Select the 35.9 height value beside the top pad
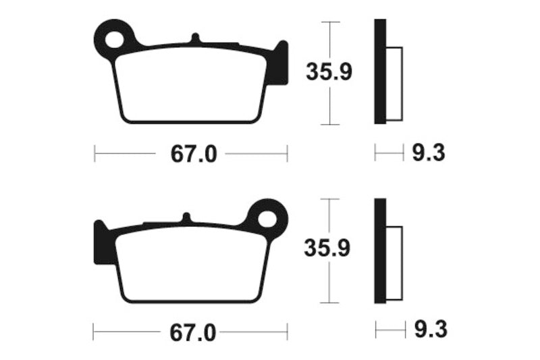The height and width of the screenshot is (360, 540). [329, 72]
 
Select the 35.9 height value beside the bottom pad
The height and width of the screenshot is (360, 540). [329, 250]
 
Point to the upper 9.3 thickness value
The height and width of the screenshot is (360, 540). [428, 154]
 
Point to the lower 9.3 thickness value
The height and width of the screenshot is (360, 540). [428, 330]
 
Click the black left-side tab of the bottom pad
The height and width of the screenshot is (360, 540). [101, 242]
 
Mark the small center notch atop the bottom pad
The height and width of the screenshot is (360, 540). [187, 217]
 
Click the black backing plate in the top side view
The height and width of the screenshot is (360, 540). [380, 72]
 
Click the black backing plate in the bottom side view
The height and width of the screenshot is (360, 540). [380, 250]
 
